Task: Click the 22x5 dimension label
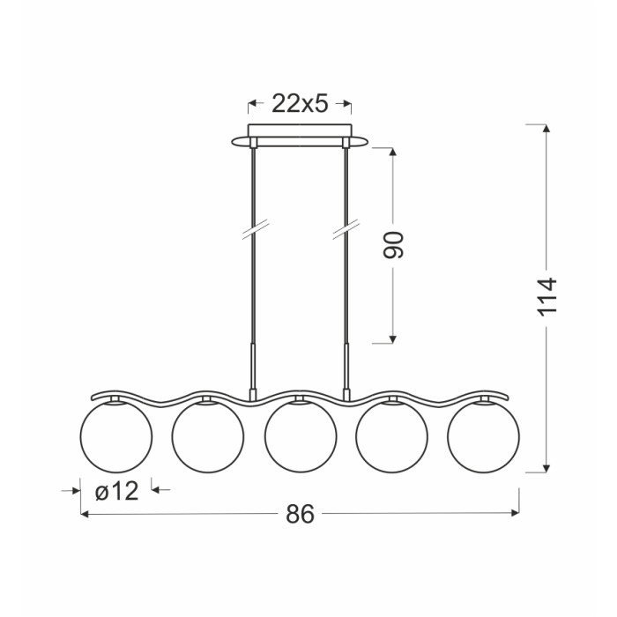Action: coord(300,104)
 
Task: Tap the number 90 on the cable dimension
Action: coord(393,245)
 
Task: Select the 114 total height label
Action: coord(547,297)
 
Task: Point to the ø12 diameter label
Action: coord(117,491)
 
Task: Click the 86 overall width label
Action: coord(300,514)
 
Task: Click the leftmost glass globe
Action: coord(115,437)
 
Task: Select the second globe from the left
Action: coord(208,437)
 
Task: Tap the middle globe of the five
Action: coord(301,437)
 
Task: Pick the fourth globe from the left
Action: coord(392,437)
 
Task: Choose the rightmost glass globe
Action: coord(483,437)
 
